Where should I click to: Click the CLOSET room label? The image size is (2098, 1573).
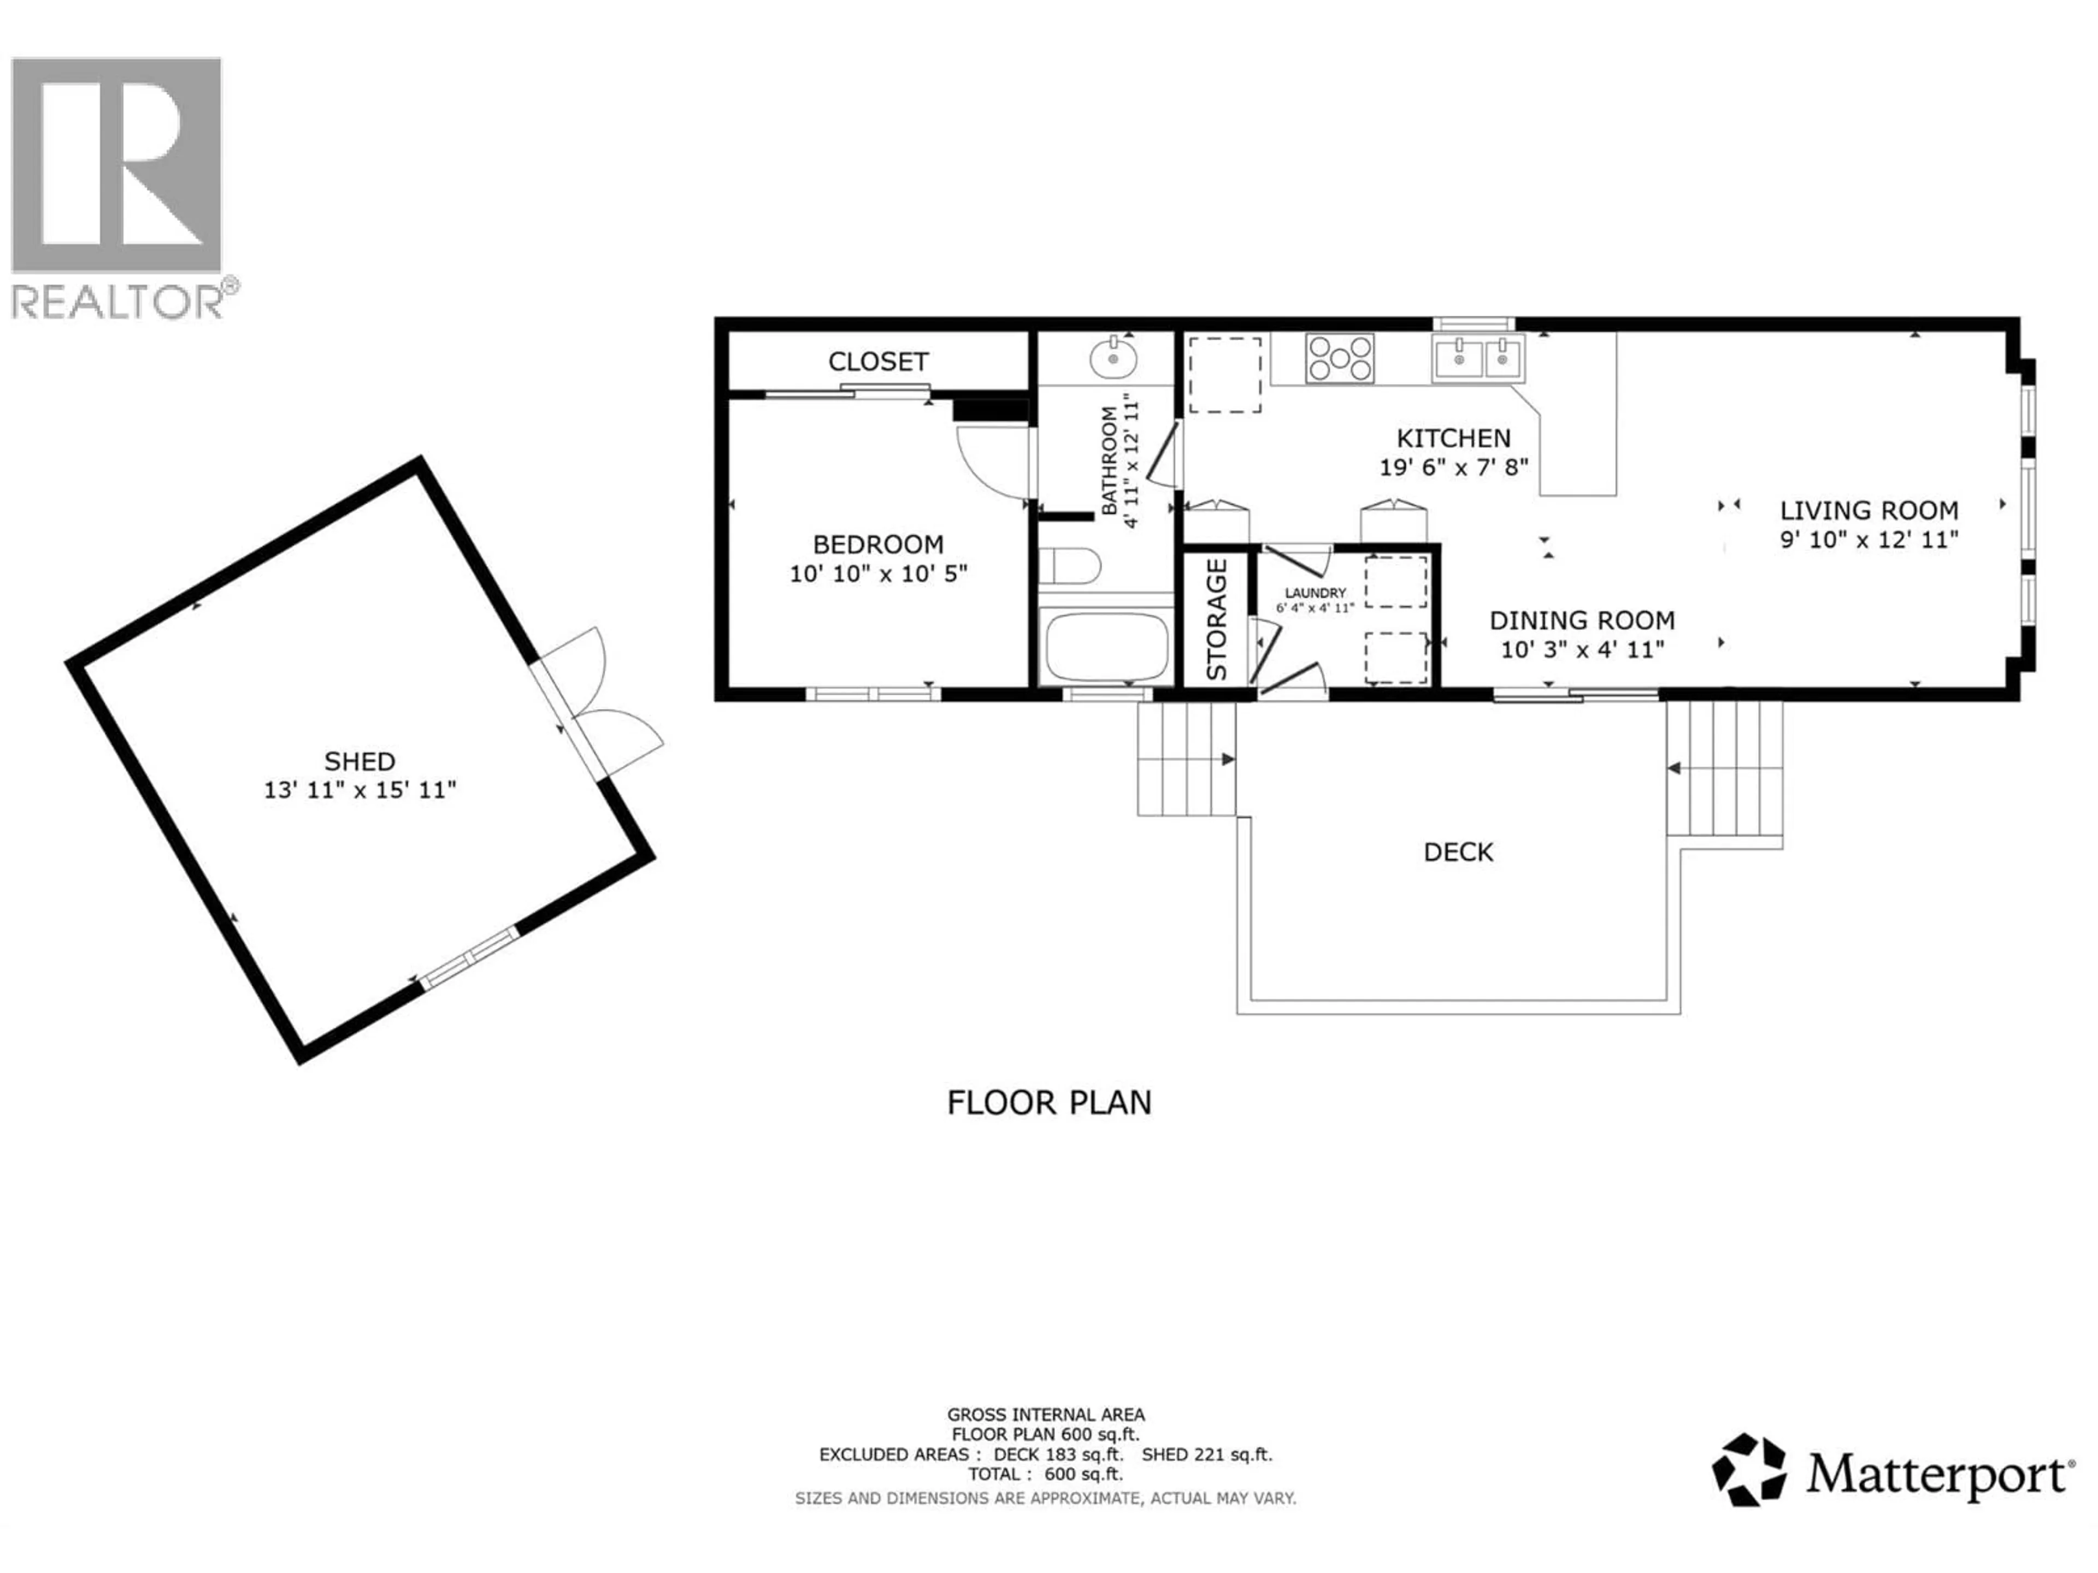877,361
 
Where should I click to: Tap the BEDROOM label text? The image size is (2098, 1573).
877,544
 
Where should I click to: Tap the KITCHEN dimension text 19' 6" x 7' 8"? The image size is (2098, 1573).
1453,468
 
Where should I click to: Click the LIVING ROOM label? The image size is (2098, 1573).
1869,511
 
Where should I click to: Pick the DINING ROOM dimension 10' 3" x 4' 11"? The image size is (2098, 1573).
1582,649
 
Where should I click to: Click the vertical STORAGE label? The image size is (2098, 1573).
1217,619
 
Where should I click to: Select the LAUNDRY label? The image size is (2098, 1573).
1315,593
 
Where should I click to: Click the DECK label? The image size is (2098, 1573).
1458,853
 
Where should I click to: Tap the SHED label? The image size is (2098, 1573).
360,761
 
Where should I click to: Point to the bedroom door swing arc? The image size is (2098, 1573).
991,463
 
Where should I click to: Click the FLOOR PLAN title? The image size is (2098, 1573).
1049,1103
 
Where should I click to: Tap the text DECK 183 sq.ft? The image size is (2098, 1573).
1058,1454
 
